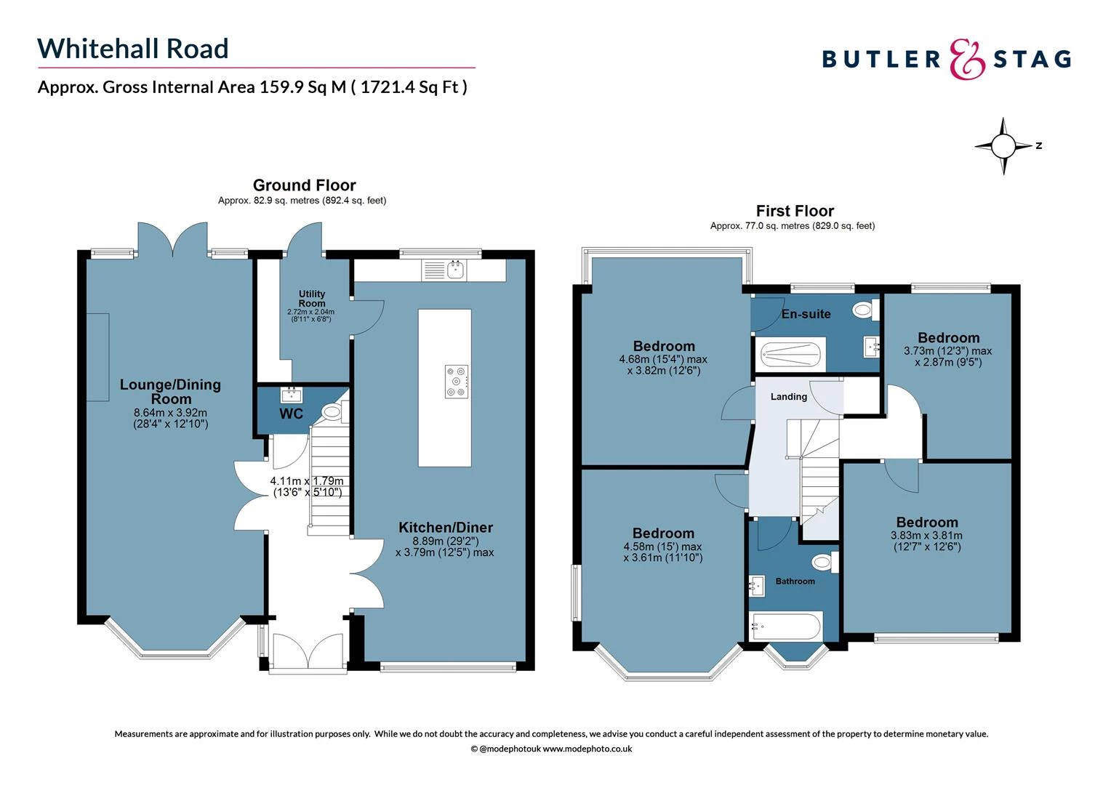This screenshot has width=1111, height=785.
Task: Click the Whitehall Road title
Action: (133, 49)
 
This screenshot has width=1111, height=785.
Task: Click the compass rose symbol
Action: (1003, 146)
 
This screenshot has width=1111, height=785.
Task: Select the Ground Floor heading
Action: (304, 185)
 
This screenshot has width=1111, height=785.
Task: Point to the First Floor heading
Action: (795, 211)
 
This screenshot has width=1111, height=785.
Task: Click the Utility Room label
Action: (312, 299)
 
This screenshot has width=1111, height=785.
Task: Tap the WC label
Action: (291, 414)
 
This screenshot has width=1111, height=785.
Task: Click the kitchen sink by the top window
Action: (456, 270)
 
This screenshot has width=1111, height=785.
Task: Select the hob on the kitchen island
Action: (457, 381)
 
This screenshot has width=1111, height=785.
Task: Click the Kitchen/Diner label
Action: (445, 528)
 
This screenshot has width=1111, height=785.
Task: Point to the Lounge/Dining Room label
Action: (170, 392)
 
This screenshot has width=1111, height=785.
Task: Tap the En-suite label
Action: (806, 314)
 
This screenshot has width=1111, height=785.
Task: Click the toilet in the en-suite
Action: (864, 310)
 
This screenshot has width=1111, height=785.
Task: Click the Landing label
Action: (789, 397)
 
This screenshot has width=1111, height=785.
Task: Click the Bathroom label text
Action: (795, 581)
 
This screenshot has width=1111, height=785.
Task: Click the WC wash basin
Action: (291, 395)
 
